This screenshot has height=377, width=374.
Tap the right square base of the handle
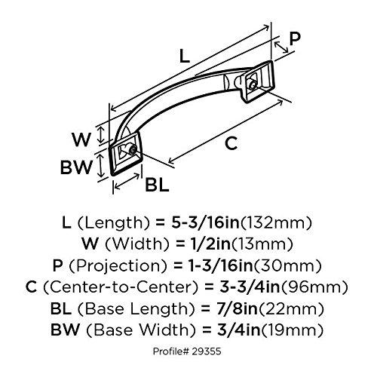pyautogui.click(x=254, y=85)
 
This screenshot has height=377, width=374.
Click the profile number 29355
pyautogui.click(x=204, y=351)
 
